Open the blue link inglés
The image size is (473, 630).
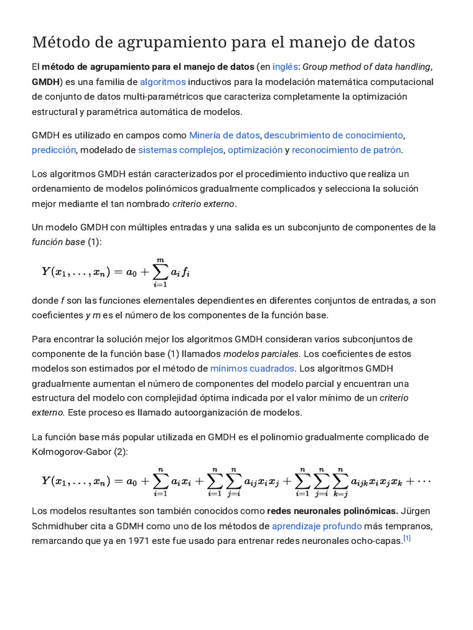point(285,67)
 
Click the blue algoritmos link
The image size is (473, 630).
point(163,82)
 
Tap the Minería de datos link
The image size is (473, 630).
point(225,135)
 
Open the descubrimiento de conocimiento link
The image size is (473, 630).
point(334,135)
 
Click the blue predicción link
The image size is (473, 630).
point(54,150)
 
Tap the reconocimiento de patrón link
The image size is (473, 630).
point(346,150)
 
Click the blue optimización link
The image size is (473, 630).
point(255,150)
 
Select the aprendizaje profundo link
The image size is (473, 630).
point(317,526)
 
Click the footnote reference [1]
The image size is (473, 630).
point(406,539)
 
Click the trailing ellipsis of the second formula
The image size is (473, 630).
point(424,481)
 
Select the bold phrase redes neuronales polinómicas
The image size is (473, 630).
point(332,511)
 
